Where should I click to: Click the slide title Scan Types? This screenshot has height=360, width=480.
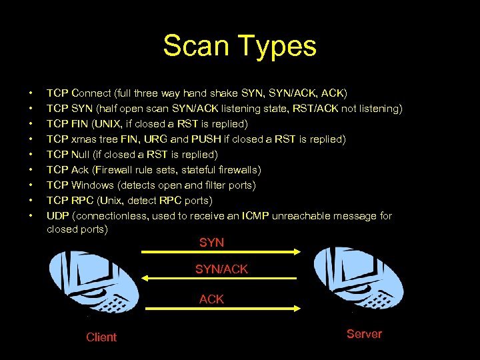[x=239, y=46]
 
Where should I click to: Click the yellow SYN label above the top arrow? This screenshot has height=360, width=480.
[x=211, y=243]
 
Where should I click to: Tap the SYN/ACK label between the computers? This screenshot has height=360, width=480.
[x=221, y=269]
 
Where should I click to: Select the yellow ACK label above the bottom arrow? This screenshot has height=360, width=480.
[x=211, y=299]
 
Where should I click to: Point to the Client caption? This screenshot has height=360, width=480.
[x=101, y=337]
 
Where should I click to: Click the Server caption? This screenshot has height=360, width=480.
[x=364, y=334]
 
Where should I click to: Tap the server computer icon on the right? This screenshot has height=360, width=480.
[x=360, y=280]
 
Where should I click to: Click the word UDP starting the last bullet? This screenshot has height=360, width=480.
[x=57, y=215]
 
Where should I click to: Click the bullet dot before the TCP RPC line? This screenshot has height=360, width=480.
[x=31, y=200]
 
